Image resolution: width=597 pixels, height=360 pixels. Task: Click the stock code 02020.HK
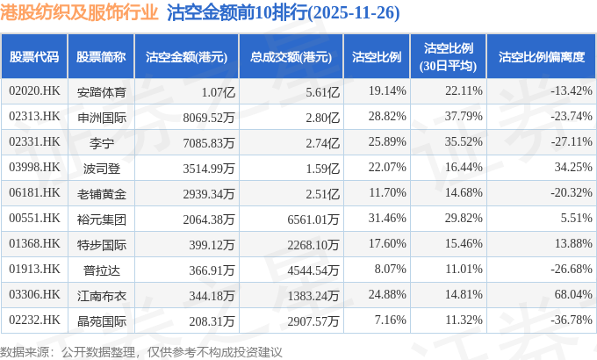coord(34,90)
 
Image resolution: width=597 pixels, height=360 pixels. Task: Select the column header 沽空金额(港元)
coord(186,57)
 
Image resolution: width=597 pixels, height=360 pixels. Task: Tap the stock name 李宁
coord(103,141)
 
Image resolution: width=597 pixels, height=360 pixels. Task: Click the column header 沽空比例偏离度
coord(541,57)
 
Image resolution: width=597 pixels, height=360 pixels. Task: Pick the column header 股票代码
coord(34,57)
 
